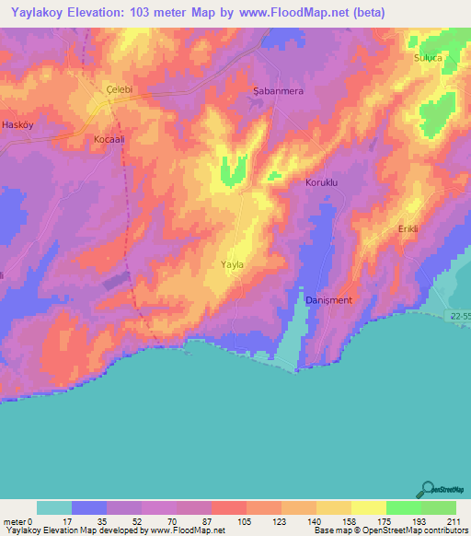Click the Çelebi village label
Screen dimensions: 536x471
[120, 88]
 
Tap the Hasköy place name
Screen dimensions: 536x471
[18, 123]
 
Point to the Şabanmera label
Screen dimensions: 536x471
[278, 92]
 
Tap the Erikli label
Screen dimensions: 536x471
[408, 228]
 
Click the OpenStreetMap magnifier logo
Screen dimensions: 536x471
[426, 489]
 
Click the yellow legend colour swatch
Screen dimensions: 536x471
[368, 507]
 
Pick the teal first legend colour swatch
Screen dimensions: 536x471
[54, 507]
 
